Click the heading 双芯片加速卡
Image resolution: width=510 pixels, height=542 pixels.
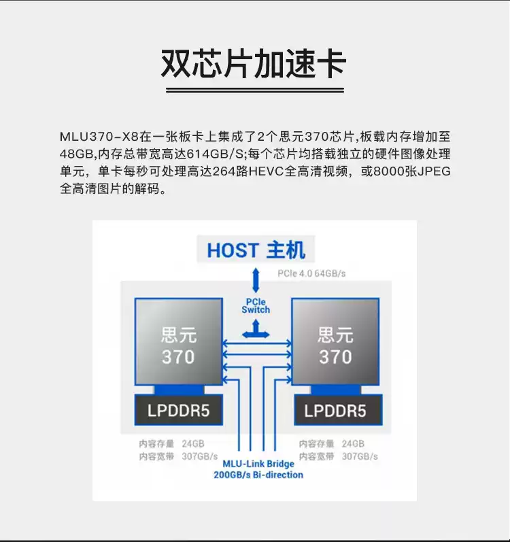click(x=254, y=64)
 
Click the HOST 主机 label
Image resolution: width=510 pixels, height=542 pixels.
click(x=256, y=250)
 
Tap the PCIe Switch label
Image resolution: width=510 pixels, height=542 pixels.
click(x=256, y=305)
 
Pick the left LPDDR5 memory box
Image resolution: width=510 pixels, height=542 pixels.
click(x=178, y=411)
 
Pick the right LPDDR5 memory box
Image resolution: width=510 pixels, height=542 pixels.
click(x=335, y=411)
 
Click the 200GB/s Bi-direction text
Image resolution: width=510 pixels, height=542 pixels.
click(x=258, y=475)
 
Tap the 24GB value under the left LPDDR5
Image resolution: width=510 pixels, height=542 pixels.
click(x=192, y=443)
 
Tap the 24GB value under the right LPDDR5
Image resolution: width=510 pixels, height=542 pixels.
click(x=353, y=443)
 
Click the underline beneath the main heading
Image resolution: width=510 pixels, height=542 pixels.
click(x=254, y=90)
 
